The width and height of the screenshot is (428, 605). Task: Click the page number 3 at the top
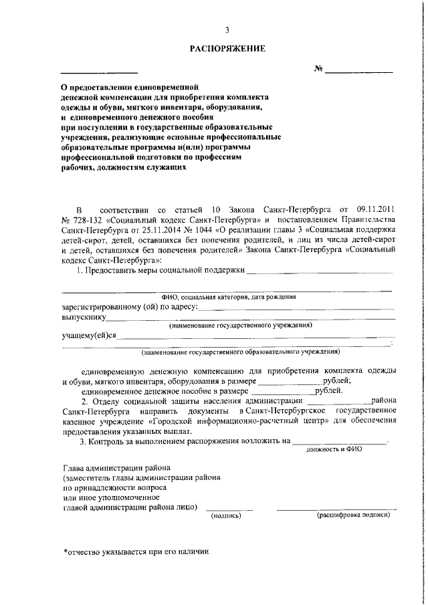point(227,30)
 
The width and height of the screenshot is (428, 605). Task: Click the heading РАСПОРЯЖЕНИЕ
point(227,48)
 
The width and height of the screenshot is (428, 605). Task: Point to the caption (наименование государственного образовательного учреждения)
point(240,351)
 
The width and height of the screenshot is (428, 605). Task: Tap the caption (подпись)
point(225,515)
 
